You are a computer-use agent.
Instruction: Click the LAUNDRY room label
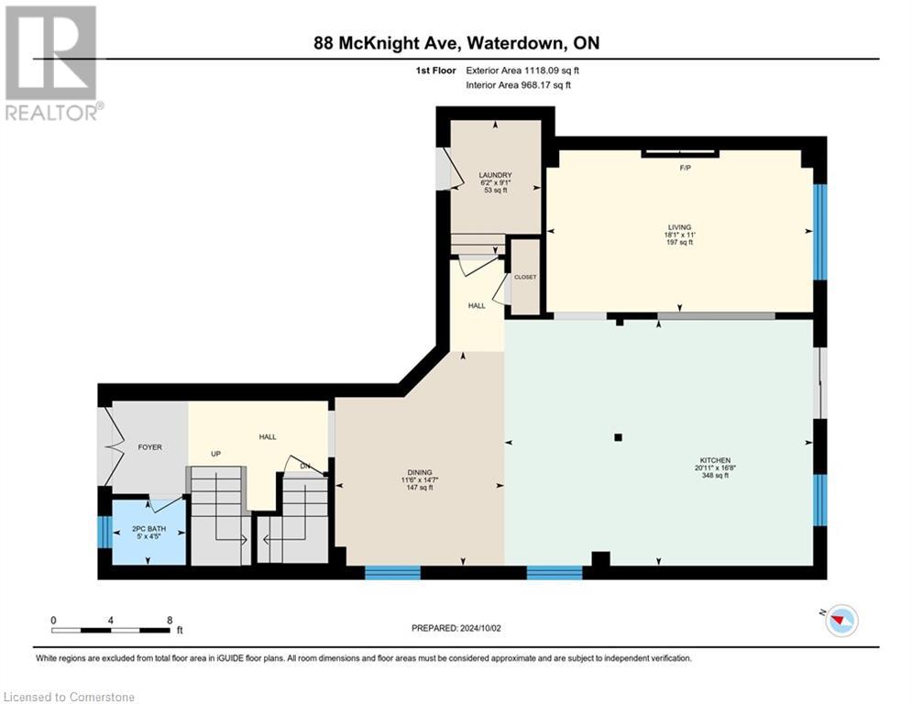pyautogui.click(x=495, y=175)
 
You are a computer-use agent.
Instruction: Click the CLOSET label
pyautogui.click(x=525, y=277)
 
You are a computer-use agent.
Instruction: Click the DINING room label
pyautogui.click(x=421, y=472)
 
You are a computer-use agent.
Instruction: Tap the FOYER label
pyautogui.click(x=149, y=447)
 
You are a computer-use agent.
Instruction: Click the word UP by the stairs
pyautogui.click(x=216, y=454)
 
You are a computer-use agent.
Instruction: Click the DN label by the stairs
pyautogui.click(x=305, y=467)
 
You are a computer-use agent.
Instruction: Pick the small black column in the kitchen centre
pyautogui.click(x=619, y=437)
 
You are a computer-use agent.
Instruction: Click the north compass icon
pyautogui.click(x=841, y=621)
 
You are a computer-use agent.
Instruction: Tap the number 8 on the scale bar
pyautogui.click(x=170, y=620)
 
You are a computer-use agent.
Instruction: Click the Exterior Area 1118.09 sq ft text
pyautogui.click(x=522, y=70)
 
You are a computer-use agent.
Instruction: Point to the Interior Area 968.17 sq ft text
pyautogui.click(x=519, y=84)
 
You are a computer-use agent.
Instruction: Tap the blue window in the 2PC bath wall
pyautogui.click(x=104, y=532)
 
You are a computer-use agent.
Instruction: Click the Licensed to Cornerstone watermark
pyautogui.click(x=69, y=697)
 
